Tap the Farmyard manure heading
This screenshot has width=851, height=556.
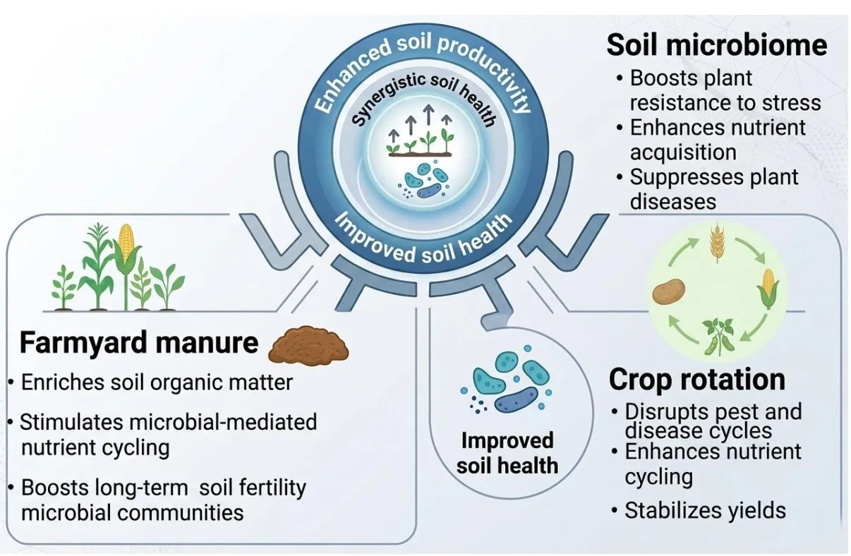point(139,343)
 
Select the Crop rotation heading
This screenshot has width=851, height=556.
point(697,380)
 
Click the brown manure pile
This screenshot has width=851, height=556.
point(308,345)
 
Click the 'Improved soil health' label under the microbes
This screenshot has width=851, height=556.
point(507,453)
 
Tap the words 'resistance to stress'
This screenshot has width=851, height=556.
point(725,103)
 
